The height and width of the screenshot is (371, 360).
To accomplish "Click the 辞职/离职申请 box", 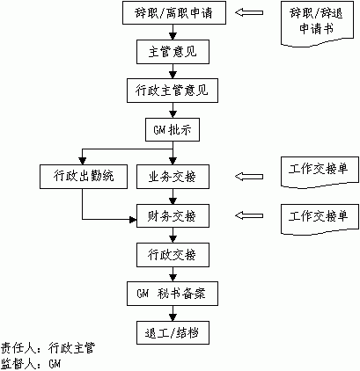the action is [x=174, y=12].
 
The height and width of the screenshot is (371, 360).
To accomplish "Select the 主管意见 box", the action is [x=173, y=52].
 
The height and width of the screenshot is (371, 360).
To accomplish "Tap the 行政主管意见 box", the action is [x=173, y=91].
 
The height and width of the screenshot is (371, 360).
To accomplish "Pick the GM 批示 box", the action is [x=173, y=129].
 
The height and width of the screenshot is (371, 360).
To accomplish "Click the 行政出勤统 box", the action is [x=84, y=177].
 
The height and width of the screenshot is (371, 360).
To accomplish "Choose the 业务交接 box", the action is [x=173, y=177].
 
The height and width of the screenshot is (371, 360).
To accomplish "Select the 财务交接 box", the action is [x=173, y=215].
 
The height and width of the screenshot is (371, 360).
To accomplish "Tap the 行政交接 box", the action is [x=173, y=255].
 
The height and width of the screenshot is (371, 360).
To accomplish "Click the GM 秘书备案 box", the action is [x=173, y=294].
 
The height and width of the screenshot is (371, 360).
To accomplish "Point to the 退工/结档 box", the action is [x=173, y=332].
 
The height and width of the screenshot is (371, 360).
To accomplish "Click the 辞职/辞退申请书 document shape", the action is [x=317, y=24].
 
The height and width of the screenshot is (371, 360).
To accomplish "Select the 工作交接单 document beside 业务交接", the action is [x=320, y=172].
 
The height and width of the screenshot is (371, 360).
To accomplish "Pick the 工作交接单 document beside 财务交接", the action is [x=320, y=219].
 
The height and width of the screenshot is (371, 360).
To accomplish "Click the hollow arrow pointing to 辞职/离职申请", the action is [x=249, y=12].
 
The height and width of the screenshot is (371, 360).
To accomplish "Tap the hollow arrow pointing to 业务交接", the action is [x=249, y=177].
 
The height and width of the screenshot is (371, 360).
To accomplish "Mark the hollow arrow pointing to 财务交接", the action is [x=249, y=215].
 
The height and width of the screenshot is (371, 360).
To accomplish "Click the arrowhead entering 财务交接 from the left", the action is [x=134, y=219].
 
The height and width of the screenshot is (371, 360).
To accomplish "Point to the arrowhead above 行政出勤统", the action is [x=83, y=161].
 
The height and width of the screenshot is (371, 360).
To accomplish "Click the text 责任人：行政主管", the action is [x=48, y=349].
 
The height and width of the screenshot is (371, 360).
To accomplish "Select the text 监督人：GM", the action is [x=31, y=364].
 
